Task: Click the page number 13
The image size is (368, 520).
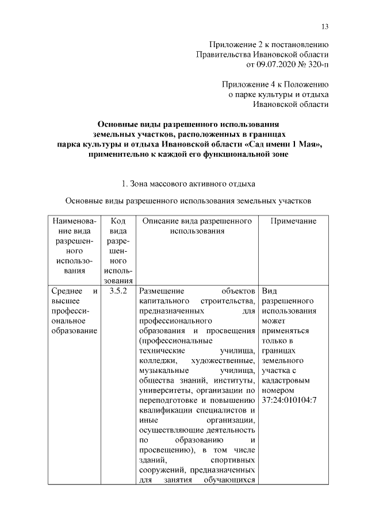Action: pos(325,26)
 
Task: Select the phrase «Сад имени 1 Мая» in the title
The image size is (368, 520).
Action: pos(286,144)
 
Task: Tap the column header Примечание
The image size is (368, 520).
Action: pos(289,221)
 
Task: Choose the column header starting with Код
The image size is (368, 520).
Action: pos(118,221)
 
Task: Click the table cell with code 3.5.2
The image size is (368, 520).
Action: pos(118,291)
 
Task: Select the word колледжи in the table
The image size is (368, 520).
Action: pos(155,360)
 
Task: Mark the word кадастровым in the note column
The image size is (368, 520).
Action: pos(285,380)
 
